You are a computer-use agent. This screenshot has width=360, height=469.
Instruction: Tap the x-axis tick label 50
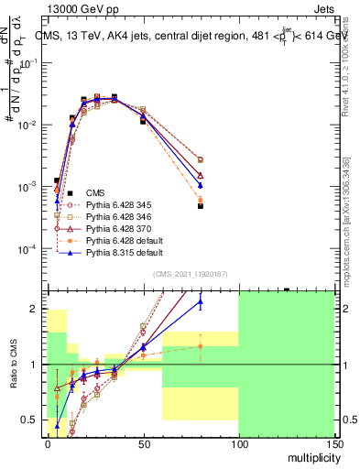click(x=143, y=442)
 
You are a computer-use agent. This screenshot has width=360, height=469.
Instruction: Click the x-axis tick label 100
click(x=238, y=442)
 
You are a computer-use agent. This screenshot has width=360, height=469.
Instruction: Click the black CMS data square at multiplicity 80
click(x=201, y=206)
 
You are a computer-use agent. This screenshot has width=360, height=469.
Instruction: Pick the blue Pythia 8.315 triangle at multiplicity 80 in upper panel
click(x=201, y=185)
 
